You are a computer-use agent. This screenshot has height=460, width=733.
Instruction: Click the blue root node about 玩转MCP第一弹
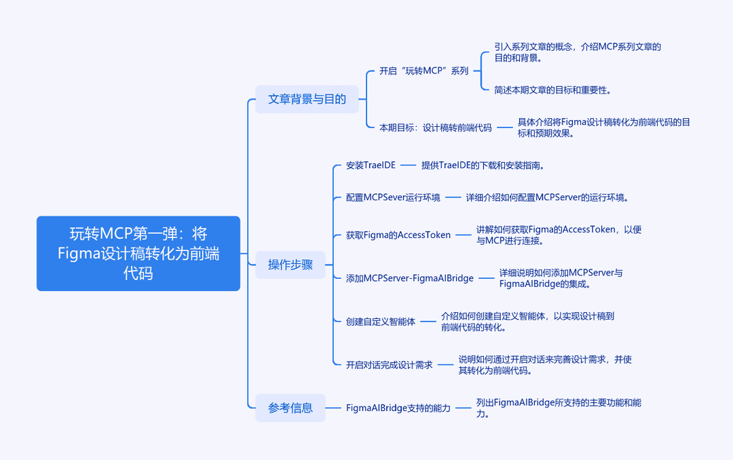[138, 253]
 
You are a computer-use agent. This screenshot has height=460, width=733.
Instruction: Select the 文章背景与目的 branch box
[307, 99]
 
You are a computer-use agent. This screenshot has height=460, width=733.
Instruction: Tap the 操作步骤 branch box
[290, 265]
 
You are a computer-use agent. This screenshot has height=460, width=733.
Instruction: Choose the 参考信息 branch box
[290, 408]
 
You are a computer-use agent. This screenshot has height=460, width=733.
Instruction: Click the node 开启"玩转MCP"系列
[424, 71]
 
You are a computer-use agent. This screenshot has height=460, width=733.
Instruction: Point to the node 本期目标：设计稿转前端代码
[435, 128]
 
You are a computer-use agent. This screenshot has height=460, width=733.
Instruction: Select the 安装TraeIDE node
[371, 166]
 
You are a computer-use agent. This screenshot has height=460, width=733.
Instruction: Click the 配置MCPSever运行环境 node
[393, 197]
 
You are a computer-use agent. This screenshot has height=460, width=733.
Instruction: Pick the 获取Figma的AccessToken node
[398, 235]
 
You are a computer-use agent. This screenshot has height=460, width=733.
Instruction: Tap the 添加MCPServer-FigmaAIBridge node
[409, 278]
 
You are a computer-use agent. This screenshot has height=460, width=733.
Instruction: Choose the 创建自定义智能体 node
[381, 322]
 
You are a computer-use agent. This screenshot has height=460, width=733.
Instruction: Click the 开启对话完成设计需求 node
[389, 364]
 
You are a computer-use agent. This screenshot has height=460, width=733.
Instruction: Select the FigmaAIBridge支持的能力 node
[398, 408]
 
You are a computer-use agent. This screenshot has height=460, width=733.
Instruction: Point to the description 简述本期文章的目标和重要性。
[553, 90]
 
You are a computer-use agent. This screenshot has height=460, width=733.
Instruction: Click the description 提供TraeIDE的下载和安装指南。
[483, 166]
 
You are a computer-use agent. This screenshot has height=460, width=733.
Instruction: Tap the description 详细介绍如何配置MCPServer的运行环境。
[548, 197]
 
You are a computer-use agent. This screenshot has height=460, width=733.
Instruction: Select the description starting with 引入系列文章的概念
[578, 52]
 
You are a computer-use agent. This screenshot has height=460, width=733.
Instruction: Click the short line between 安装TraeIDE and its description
[408, 165]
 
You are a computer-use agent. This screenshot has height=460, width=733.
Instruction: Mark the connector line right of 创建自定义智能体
[428, 322]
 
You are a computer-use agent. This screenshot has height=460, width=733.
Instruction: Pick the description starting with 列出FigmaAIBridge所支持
[559, 408]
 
